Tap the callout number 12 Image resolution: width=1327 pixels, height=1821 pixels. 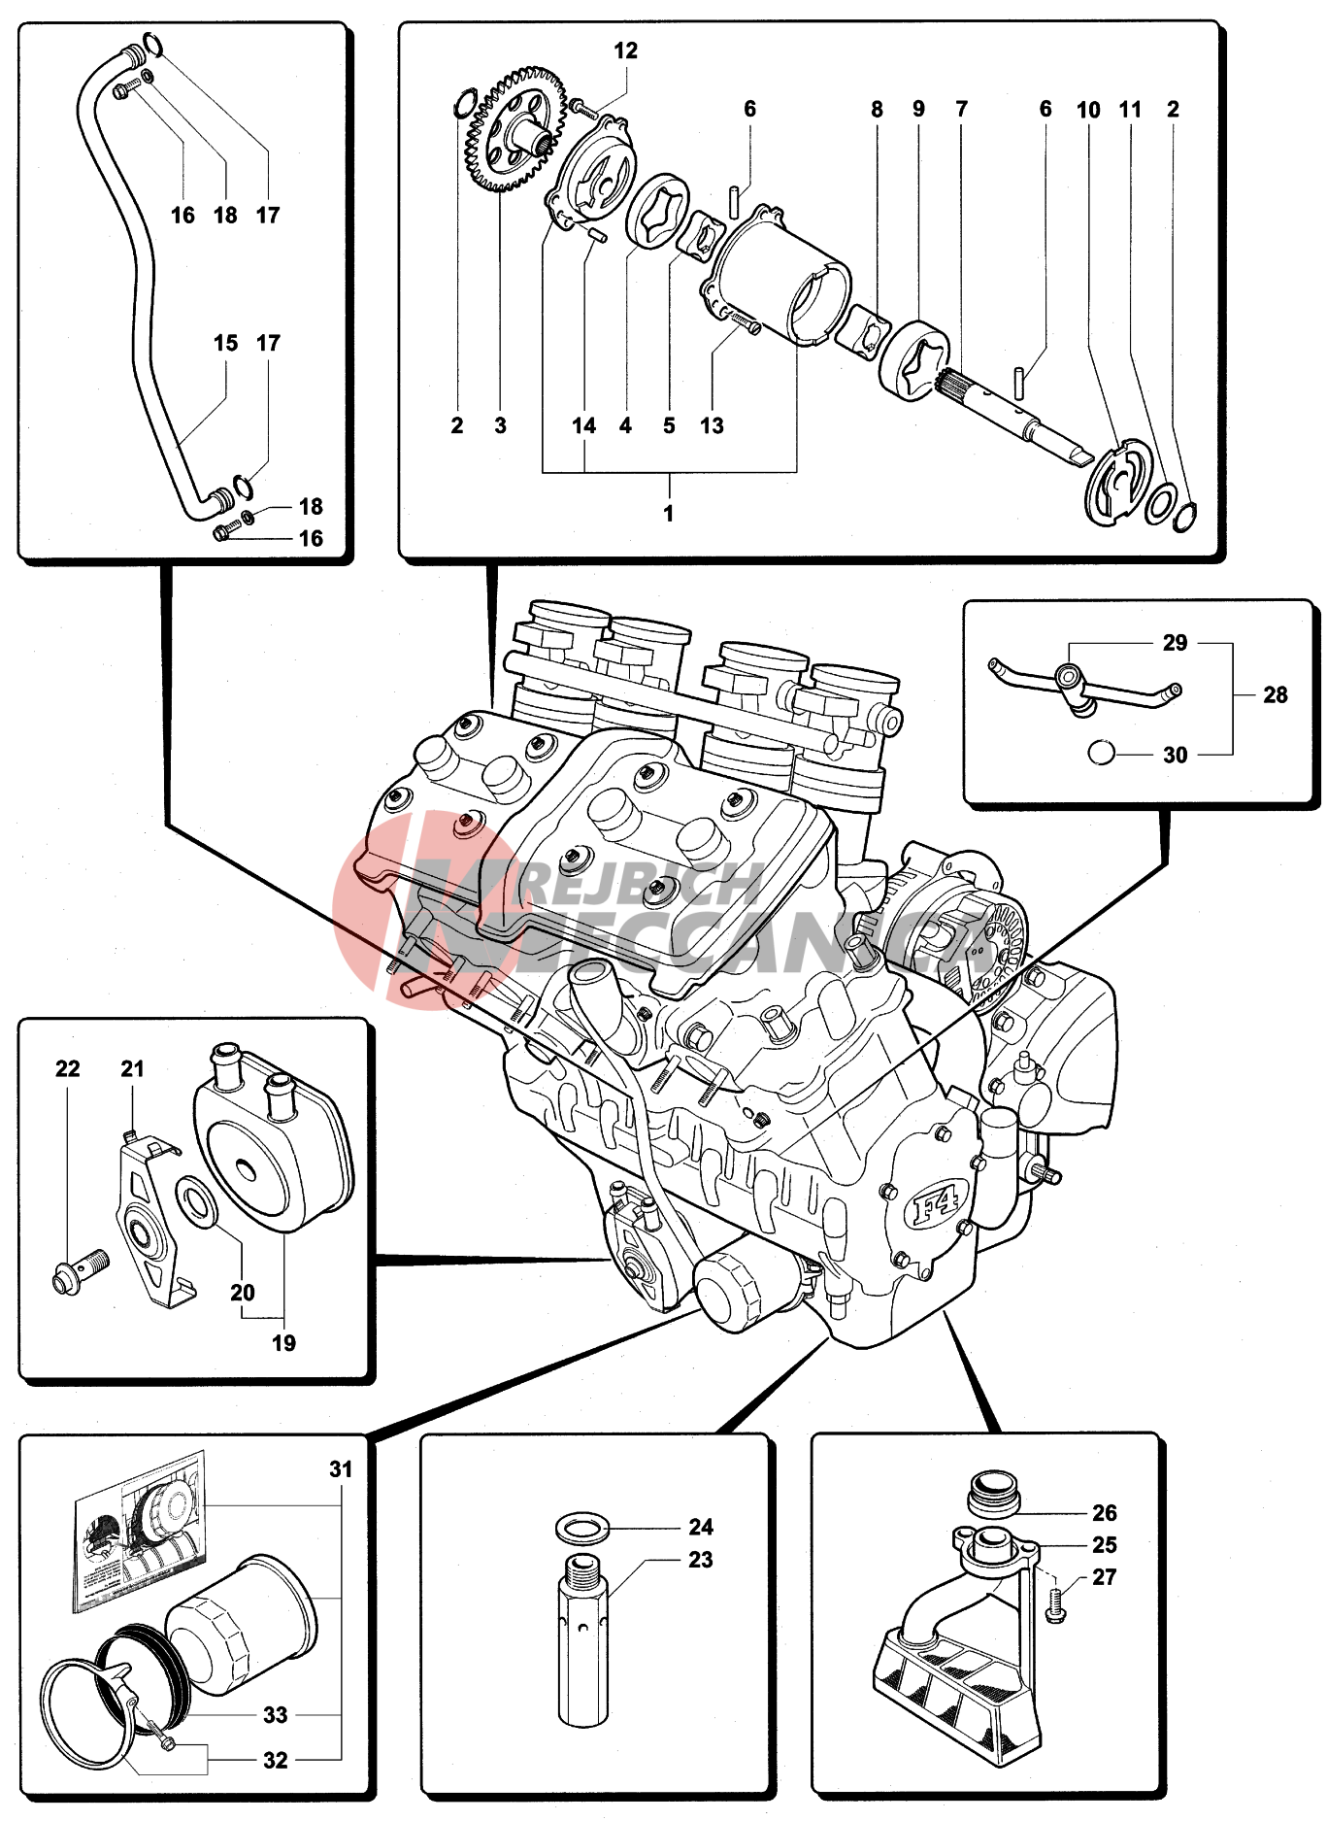pos(626,51)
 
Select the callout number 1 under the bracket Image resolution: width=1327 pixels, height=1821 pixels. pos(669,513)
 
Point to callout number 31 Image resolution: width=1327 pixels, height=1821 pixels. pos(341,1469)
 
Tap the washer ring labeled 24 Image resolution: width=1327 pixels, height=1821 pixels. pos(581,1528)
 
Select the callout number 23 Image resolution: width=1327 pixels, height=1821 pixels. pos(701,1560)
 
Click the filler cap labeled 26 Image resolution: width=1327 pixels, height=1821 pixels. pos(993,1492)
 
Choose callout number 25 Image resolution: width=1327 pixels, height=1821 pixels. pos(1105,1544)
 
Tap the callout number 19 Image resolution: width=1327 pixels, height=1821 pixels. pos(283,1343)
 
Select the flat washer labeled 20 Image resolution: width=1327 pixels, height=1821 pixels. pos(198,1202)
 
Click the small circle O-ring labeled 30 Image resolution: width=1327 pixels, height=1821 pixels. pos(1100,753)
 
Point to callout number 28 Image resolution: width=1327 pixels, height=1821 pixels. pos(1276,695)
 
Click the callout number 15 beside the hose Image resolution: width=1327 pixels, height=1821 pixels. pos(225,343)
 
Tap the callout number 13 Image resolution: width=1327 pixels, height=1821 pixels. pos(712,425)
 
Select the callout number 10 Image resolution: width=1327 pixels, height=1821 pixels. pos(1088,110)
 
